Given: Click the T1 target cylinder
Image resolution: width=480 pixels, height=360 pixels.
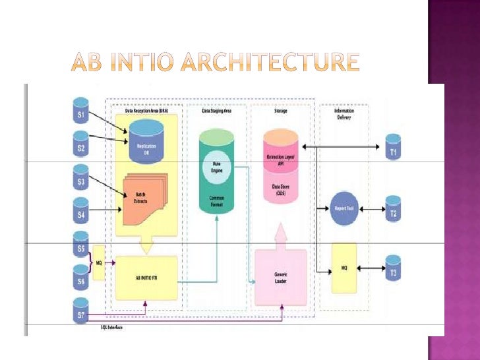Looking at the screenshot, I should [x=393, y=148].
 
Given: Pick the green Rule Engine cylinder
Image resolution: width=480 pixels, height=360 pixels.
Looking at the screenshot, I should [x=217, y=171].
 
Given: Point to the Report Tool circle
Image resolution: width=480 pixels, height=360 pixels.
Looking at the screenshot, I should [x=344, y=208].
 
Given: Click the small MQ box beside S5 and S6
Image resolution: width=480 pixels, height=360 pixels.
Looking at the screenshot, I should [x=99, y=262].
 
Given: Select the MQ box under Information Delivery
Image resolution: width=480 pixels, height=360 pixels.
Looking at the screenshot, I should [x=344, y=268].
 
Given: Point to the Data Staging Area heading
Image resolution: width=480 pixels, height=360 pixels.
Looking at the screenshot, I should [x=217, y=111].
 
